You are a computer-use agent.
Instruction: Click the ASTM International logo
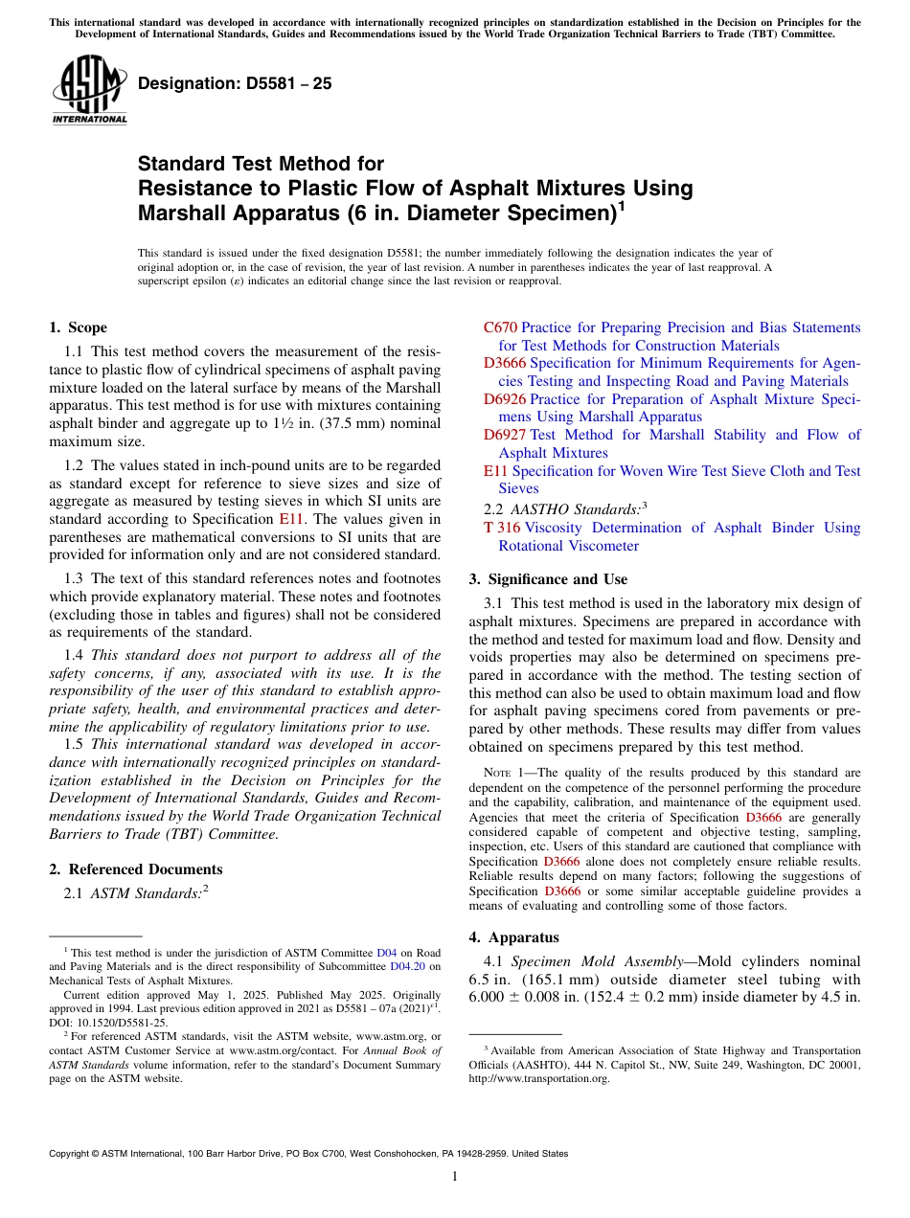tap(89, 89)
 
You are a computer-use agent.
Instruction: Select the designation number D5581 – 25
tap(235, 83)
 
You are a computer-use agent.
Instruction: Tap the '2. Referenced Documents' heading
tap(135, 869)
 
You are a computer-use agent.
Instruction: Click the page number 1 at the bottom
tap(455, 1177)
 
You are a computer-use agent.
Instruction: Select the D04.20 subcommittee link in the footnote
tap(408, 967)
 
